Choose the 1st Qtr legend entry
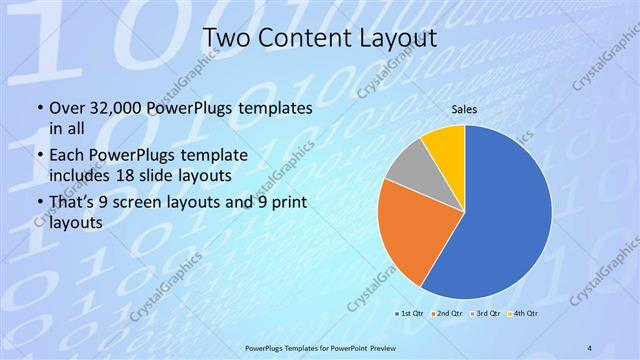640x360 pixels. [411, 314]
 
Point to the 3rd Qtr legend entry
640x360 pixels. [483, 314]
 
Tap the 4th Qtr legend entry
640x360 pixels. [522, 314]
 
